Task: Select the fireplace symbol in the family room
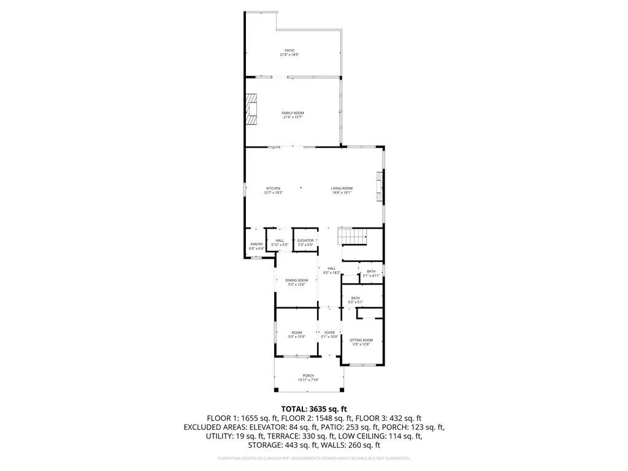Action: [252, 110]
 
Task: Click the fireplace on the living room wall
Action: [380, 188]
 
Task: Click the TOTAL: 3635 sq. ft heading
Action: [314, 408]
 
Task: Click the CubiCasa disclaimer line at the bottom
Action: [314, 458]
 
